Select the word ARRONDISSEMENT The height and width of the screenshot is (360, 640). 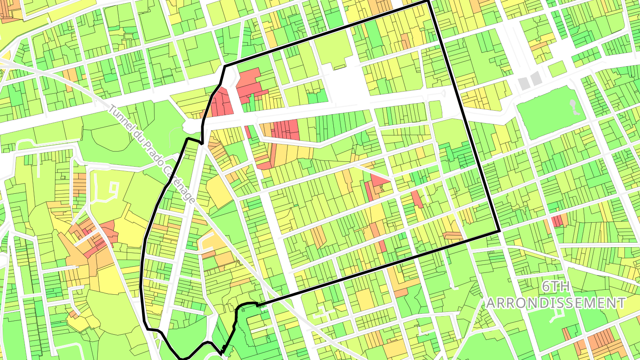[556, 303]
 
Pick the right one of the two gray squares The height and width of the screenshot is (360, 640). [536, 78]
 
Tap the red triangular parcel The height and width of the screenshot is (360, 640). [380, 180]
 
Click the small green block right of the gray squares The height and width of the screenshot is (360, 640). [557, 68]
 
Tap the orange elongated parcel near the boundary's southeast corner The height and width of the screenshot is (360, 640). [452, 236]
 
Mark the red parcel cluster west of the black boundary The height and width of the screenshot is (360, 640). [96, 236]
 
